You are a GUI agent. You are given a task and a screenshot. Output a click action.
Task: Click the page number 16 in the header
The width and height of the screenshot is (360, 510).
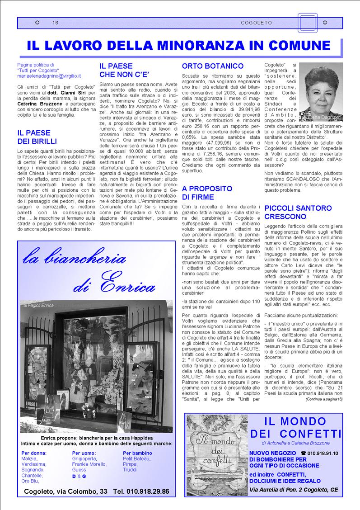[x=55, y=23]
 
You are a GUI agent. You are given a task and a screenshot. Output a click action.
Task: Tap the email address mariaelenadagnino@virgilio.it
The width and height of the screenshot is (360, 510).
[x=49, y=76]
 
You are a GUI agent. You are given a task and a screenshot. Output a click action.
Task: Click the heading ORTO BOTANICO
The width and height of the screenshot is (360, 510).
[x=212, y=66]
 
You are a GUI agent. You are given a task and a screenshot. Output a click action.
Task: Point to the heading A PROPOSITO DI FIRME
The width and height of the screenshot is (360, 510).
[x=207, y=193]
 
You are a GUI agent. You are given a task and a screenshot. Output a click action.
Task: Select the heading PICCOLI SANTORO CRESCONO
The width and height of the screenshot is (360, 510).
[x=298, y=212]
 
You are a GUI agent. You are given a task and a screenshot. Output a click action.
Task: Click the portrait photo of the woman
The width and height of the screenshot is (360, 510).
[x=321, y=93]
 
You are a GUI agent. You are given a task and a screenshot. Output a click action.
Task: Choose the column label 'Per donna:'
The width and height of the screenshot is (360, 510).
[x=34, y=453]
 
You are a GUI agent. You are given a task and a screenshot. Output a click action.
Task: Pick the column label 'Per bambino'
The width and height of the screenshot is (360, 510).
[x=137, y=453]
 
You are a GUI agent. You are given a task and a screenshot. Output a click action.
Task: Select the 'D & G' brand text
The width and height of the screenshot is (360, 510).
[x=79, y=476]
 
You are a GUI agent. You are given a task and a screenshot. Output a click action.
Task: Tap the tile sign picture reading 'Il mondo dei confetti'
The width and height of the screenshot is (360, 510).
[x=217, y=454]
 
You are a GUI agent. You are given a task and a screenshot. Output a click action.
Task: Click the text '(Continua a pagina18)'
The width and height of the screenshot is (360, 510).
[x=324, y=399]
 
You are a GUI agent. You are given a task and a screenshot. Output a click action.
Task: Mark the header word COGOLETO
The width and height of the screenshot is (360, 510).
[x=256, y=23]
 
